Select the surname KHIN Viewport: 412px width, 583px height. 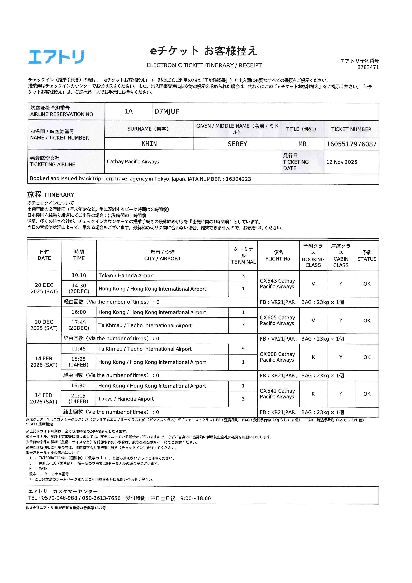149,144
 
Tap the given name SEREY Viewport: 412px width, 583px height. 237,144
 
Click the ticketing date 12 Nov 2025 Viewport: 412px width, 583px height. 341,162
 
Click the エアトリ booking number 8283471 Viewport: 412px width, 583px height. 368,67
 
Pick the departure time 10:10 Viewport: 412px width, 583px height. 79,275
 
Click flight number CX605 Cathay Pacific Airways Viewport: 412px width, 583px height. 277,320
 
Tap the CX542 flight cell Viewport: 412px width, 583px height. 277,394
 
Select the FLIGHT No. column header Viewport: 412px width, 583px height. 278,256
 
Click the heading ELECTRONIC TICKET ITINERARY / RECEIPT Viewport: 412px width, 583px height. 204,65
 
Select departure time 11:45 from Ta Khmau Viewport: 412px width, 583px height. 78,349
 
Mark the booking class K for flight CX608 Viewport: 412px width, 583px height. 313,357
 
